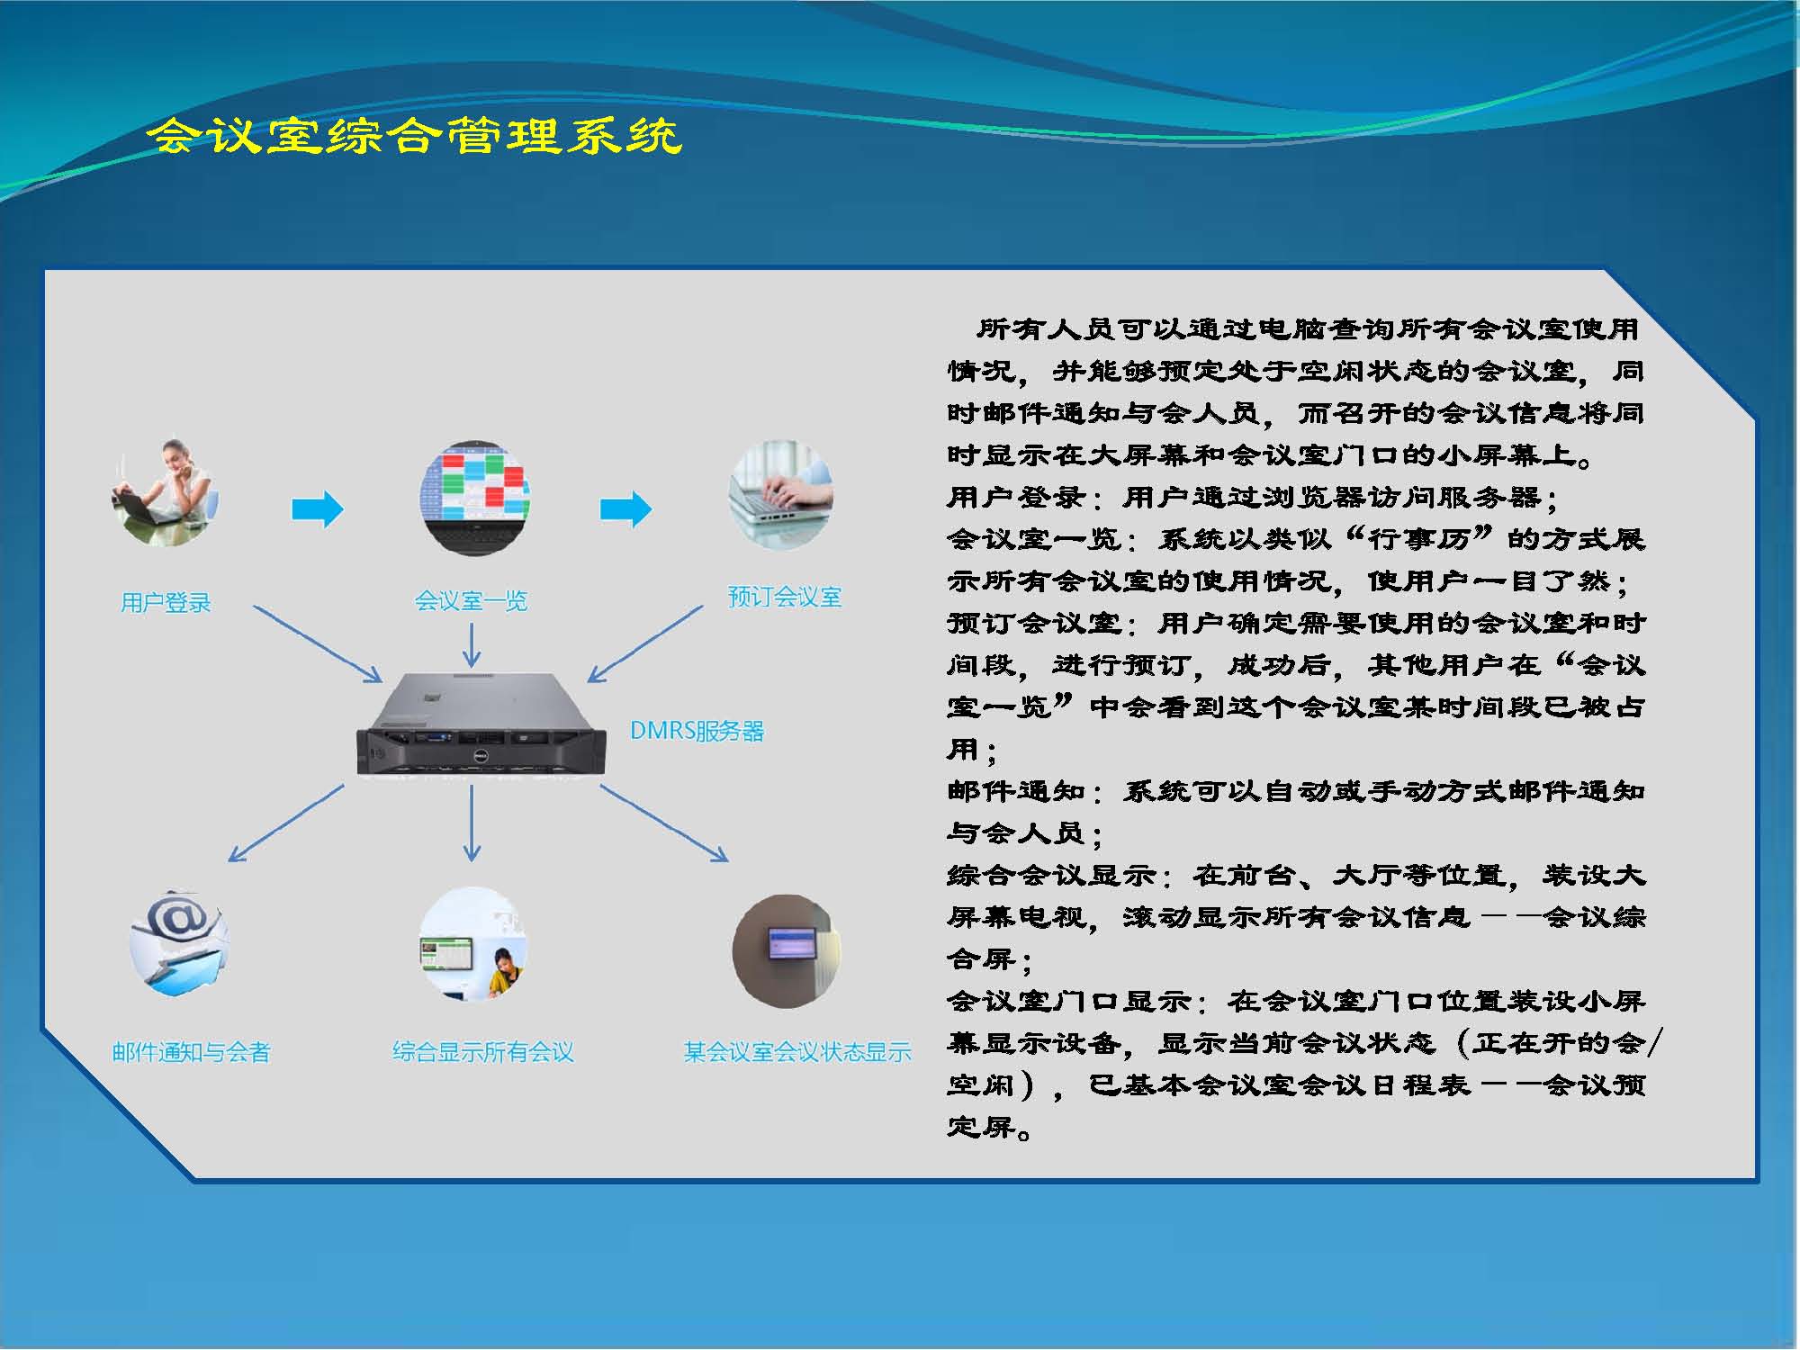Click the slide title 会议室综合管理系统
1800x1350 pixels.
(415, 137)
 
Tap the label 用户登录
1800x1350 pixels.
(166, 602)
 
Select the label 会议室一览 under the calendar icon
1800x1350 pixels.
(471, 600)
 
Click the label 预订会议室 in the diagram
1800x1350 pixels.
(785, 597)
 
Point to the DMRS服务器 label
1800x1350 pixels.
(697, 731)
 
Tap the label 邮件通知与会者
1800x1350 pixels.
(191, 1051)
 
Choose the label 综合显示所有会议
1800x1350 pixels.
(483, 1051)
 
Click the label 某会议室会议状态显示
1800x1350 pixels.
(797, 1051)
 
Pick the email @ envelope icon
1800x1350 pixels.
(178, 943)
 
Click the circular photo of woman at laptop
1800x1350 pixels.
(165, 493)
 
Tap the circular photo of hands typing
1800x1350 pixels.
(781, 495)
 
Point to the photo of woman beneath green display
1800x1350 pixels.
(473, 943)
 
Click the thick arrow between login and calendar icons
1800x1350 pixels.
(318, 509)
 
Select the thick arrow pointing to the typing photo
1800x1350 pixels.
(625, 509)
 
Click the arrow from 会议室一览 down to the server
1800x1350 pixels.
(472, 644)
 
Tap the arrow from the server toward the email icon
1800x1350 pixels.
(286, 823)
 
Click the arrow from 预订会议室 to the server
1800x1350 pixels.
(644, 643)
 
